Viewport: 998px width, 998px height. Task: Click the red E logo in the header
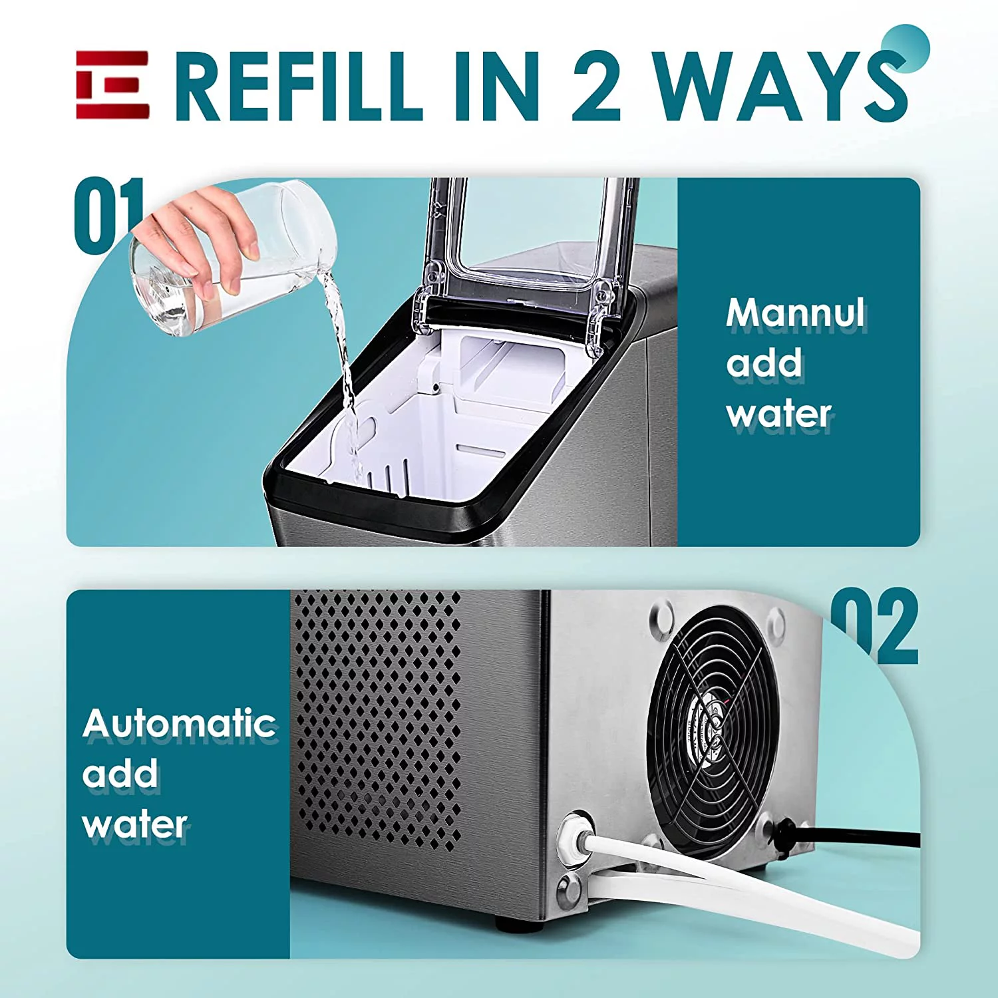coord(112,85)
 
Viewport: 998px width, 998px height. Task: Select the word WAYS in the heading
coord(778,86)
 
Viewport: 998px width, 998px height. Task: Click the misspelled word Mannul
coord(796,313)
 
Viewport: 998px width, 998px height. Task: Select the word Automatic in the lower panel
coord(180,723)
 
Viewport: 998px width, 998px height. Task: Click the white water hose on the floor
coord(765,885)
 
